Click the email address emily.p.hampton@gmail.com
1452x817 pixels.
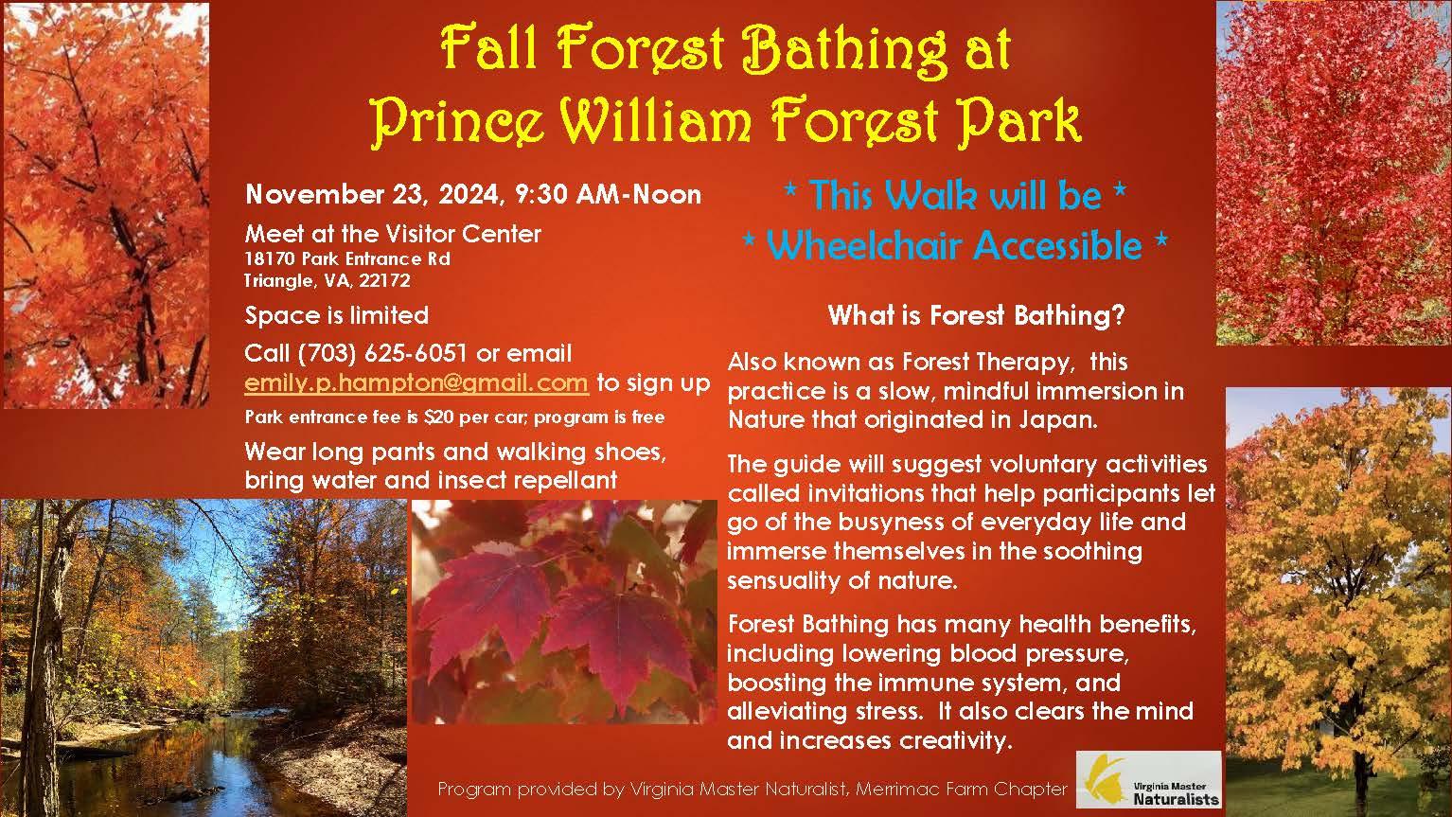tap(416, 383)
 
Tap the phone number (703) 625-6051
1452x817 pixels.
tap(381, 354)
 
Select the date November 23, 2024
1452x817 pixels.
tap(372, 194)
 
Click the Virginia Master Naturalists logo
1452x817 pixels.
tap(1149, 780)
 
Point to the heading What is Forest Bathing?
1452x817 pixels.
tap(976, 316)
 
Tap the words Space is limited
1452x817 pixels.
tap(336, 316)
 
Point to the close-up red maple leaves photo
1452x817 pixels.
tap(564, 612)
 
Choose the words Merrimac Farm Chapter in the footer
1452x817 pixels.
tap(962, 790)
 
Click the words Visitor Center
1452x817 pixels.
tap(464, 234)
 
